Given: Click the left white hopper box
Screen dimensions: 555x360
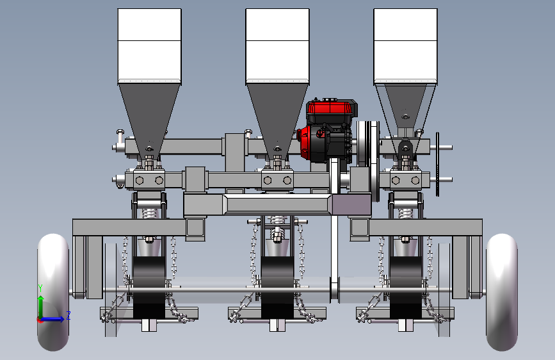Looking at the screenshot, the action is pyautogui.click(x=149, y=46).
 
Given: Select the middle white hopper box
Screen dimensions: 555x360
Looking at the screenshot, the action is pyautogui.click(x=278, y=46).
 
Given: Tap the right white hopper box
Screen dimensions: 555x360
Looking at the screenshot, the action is pyautogui.click(x=406, y=46).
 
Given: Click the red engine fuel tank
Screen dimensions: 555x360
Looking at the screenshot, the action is pyautogui.click(x=332, y=108).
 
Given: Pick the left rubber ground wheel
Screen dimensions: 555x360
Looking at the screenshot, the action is pyautogui.click(x=53, y=292).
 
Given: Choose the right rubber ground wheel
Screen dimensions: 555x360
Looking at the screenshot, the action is pyautogui.click(x=502, y=292).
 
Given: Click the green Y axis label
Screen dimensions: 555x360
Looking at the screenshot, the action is pyautogui.click(x=40, y=288).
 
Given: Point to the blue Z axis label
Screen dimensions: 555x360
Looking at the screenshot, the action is pyautogui.click(x=68, y=315).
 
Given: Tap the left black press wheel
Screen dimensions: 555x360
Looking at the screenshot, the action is pyautogui.click(x=149, y=288).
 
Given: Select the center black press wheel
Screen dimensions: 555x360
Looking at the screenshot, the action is pyautogui.click(x=277, y=288).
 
